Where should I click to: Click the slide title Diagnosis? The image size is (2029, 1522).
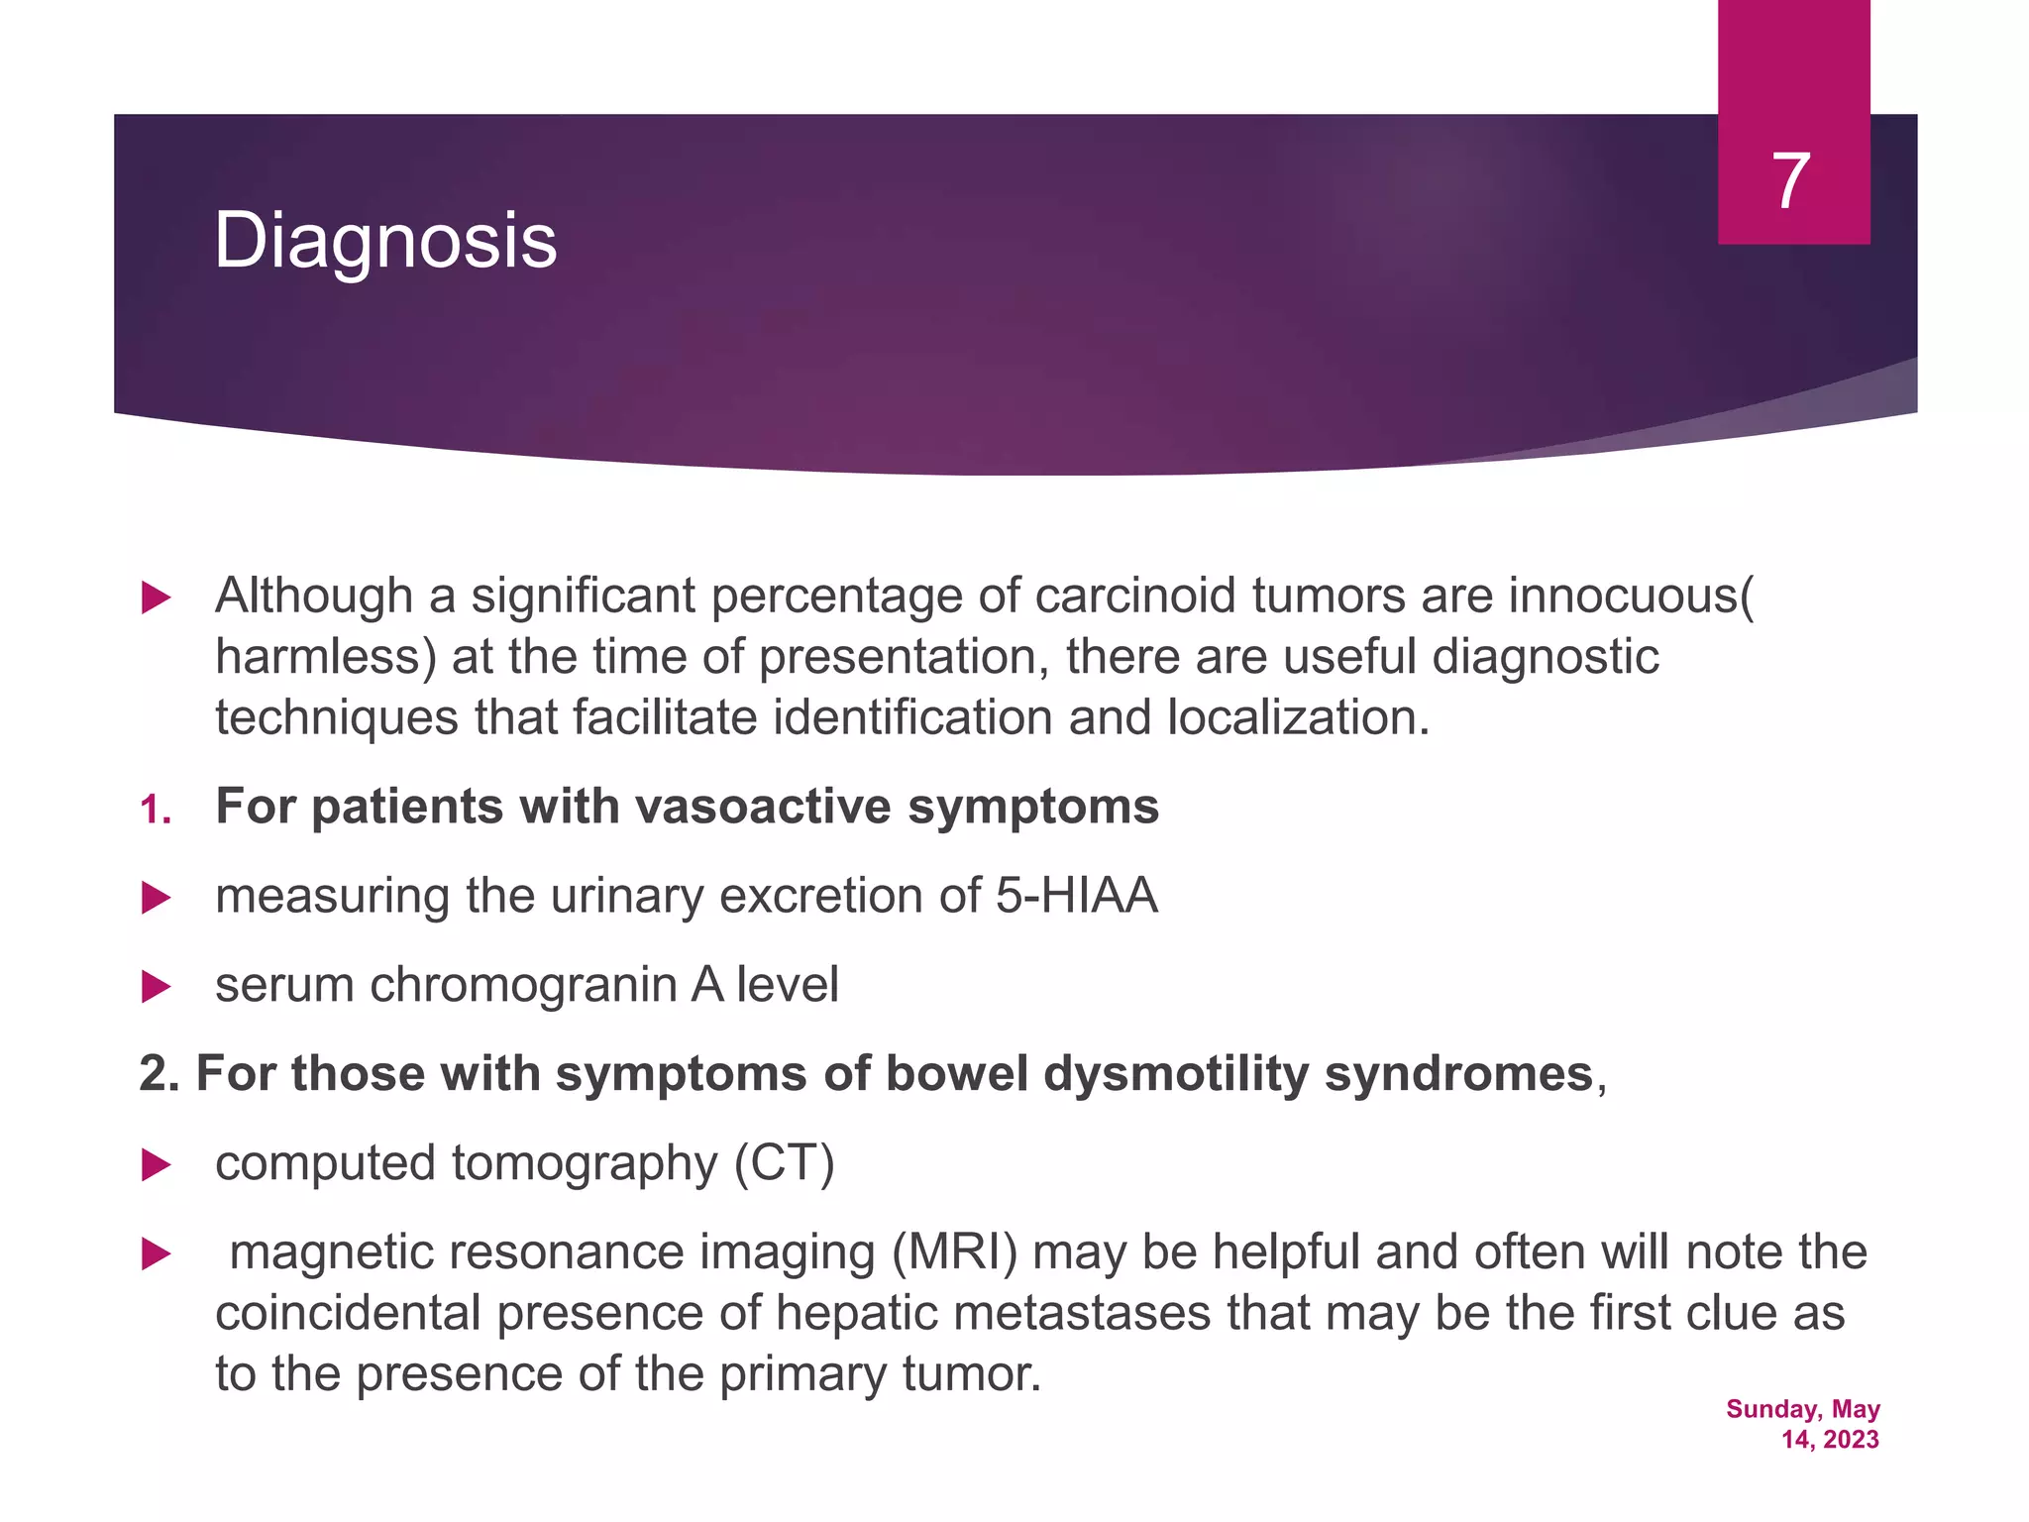click(x=385, y=241)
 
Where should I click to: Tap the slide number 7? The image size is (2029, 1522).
click(x=1791, y=181)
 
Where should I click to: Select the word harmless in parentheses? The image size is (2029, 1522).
click(x=319, y=657)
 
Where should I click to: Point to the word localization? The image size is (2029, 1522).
click(x=1298, y=717)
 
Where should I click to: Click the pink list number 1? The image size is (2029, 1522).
click(x=155, y=811)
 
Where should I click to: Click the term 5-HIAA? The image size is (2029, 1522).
click(x=1076, y=896)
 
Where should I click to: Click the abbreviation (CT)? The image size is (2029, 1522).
click(x=784, y=1163)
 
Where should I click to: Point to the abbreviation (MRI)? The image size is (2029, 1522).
click(x=954, y=1252)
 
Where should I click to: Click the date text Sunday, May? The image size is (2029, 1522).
click(x=1802, y=1409)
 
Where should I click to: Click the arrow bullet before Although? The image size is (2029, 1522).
click(x=156, y=598)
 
